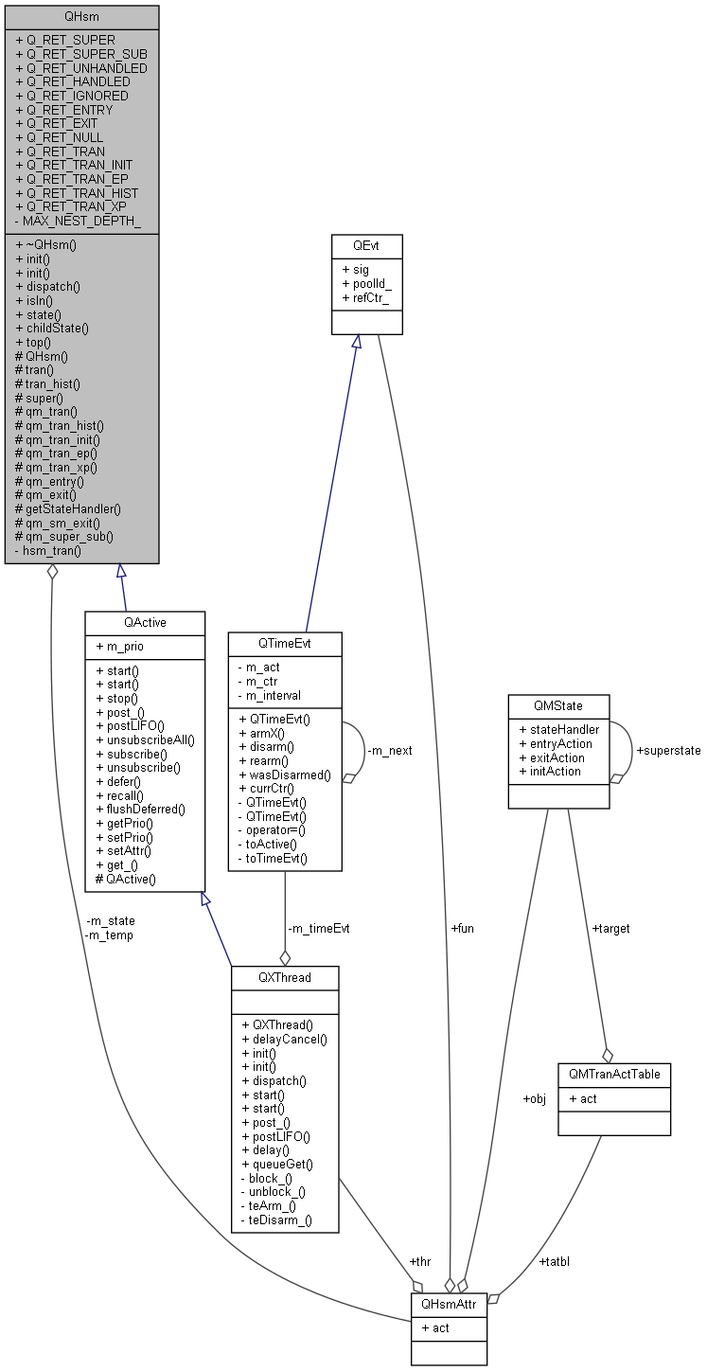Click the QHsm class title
81,16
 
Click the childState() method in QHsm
57,328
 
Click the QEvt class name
366,245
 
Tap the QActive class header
145,622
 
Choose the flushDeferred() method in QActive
145,809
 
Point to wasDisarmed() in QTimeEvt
285,775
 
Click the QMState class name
558,706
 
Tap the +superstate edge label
668,750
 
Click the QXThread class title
284,977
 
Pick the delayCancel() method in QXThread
284,1039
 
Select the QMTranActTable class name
614,1075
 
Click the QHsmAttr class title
449,1305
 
